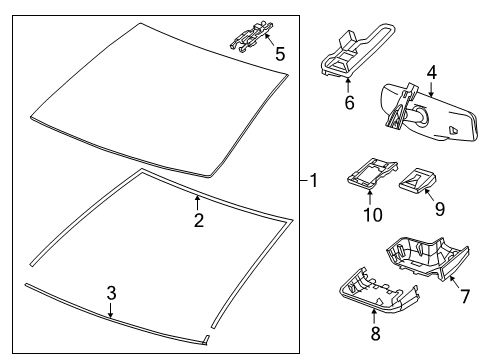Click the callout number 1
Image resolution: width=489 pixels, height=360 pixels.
point(314,180)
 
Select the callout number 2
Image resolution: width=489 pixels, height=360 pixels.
point(199,220)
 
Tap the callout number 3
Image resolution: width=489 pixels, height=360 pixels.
point(111,293)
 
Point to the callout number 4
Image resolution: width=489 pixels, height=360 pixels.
point(432,73)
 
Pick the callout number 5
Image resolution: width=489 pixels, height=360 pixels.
point(280,54)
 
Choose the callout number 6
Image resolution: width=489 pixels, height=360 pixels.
point(349,102)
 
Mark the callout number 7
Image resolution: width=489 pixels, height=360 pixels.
point(465,296)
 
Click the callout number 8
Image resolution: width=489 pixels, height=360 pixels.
point(376,333)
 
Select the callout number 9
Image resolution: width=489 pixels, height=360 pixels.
point(440,209)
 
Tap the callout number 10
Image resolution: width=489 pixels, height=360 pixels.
point(373,215)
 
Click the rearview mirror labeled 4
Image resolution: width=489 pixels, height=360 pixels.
point(430,112)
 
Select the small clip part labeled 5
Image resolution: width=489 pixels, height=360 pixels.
point(251,36)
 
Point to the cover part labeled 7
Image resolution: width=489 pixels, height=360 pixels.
point(428,258)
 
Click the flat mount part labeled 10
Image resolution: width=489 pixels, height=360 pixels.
point(372,173)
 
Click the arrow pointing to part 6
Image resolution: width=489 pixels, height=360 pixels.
point(349,85)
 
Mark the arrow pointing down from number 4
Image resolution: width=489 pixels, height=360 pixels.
point(431,89)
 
